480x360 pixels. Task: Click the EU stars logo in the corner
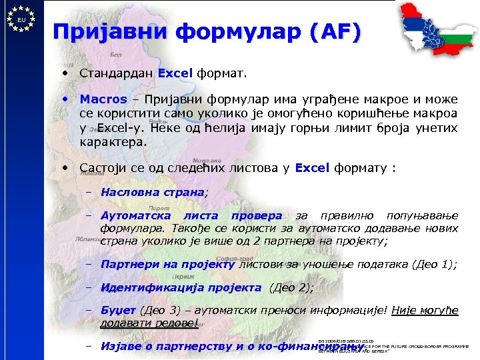(22, 20)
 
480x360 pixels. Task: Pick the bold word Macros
(103, 99)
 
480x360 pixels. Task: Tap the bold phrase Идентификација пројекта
(180, 288)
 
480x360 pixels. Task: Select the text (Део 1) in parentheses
(435, 264)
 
